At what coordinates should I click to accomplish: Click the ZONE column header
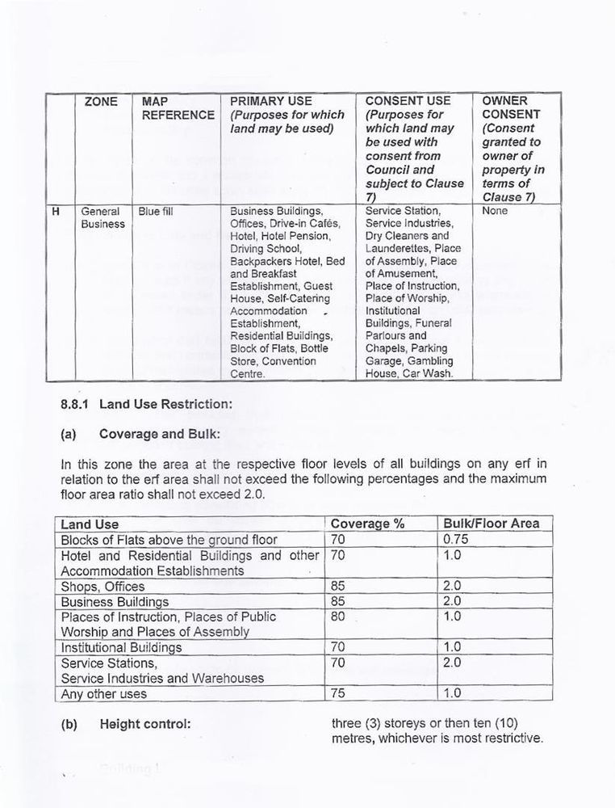pos(101,101)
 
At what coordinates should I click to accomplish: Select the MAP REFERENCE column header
pos(177,107)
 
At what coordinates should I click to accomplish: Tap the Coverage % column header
pos(367,524)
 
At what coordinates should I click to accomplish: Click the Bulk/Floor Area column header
pos(492,524)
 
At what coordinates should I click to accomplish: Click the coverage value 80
pos(339,617)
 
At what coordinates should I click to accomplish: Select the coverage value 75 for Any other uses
pos(339,694)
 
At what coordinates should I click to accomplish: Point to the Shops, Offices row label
pos(103,587)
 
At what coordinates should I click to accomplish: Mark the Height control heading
pos(144,724)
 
